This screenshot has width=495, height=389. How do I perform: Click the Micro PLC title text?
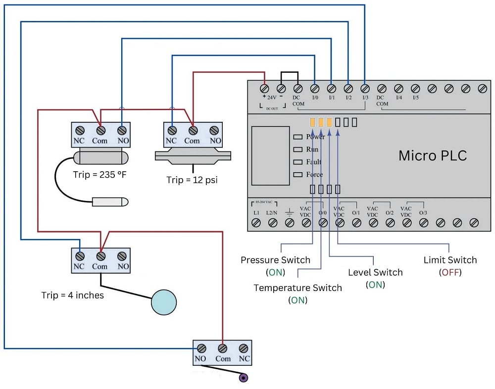(x=432, y=156)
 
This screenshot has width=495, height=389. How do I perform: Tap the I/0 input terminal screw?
(x=314, y=89)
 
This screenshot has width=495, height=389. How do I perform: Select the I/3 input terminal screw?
(x=365, y=89)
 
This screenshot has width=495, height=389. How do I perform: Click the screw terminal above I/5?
(x=415, y=89)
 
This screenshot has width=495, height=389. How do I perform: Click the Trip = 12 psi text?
(x=192, y=180)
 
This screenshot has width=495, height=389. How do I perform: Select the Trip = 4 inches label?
(x=72, y=295)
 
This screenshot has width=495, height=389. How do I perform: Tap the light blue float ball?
(x=163, y=301)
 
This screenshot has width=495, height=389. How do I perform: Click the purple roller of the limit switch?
(x=243, y=378)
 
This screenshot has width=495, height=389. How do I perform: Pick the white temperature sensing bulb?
(x=109, y=202)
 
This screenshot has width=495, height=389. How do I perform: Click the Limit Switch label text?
(x=450, y=260)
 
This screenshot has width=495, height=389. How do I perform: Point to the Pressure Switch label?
(x=275, y=260)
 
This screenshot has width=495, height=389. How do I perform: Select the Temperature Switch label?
(x=297, y=288)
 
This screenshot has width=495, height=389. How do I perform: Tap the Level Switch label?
(x=375, y=272)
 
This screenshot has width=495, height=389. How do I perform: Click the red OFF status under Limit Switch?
(x=450, y=272)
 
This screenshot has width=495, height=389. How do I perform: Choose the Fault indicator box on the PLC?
(x=297, y=162)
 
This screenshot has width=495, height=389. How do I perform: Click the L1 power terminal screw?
(x=256, y=223)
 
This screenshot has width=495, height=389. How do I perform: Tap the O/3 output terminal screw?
(x=423, y=223)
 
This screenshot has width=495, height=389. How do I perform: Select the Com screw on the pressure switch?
(x=193, y=131)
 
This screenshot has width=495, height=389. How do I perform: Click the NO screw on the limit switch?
(x=201, y=348)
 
